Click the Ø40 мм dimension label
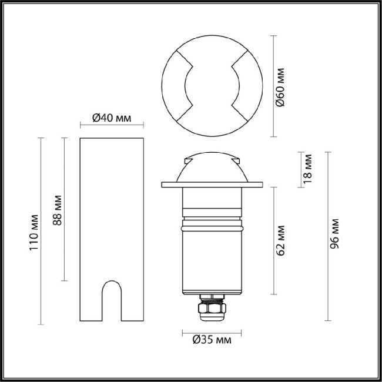(112, 118)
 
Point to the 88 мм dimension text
(56, 209)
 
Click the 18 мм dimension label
(309, 168)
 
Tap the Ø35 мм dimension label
(212, 340)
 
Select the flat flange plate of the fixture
(211, 185)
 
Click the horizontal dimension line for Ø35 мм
(211, 331)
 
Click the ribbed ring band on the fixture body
(211, 224)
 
